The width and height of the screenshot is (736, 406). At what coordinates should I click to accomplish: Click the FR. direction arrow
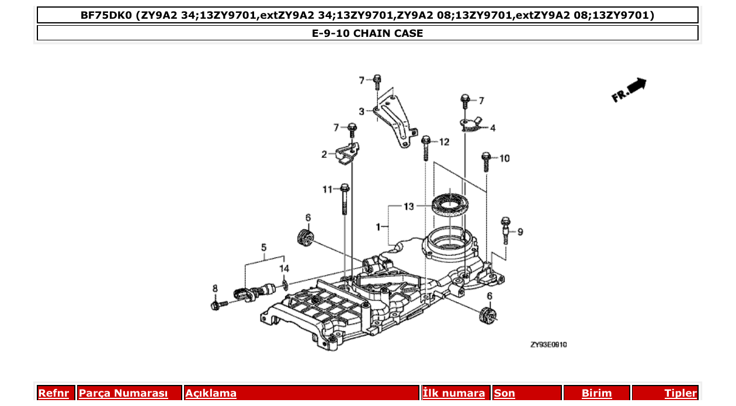click(x=630, y=91)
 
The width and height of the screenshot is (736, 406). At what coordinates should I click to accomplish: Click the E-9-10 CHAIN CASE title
click(x=367, y=33)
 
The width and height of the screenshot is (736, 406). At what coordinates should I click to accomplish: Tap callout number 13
click(x=408, y=207)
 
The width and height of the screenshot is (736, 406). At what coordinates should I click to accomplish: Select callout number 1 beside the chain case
click(x=379, y=226)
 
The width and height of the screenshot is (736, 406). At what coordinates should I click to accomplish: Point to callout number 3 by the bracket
click(x=362, y=111)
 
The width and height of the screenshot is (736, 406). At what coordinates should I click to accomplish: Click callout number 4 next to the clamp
click(x=492, y=128)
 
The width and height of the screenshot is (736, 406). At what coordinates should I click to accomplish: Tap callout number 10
click(x=504, y=158)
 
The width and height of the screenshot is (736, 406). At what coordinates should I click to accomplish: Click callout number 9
click(x=520, y=232)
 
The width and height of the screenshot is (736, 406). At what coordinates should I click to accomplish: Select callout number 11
click(x=327, y=189)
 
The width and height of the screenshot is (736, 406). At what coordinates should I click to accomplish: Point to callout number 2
click(x=324, y=154)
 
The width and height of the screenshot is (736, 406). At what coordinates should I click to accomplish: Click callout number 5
click(x=263, y=247)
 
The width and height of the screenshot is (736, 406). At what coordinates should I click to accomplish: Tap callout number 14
click(x=284, y=269)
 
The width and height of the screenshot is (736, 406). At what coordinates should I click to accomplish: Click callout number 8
click(x=215, y=288)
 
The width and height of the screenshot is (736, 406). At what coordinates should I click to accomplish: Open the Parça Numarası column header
click(x=123, y=393)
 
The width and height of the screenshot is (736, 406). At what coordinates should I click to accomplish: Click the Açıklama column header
click(x=211, y=393)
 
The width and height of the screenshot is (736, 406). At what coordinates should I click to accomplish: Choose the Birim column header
click(x=596, y=393)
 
